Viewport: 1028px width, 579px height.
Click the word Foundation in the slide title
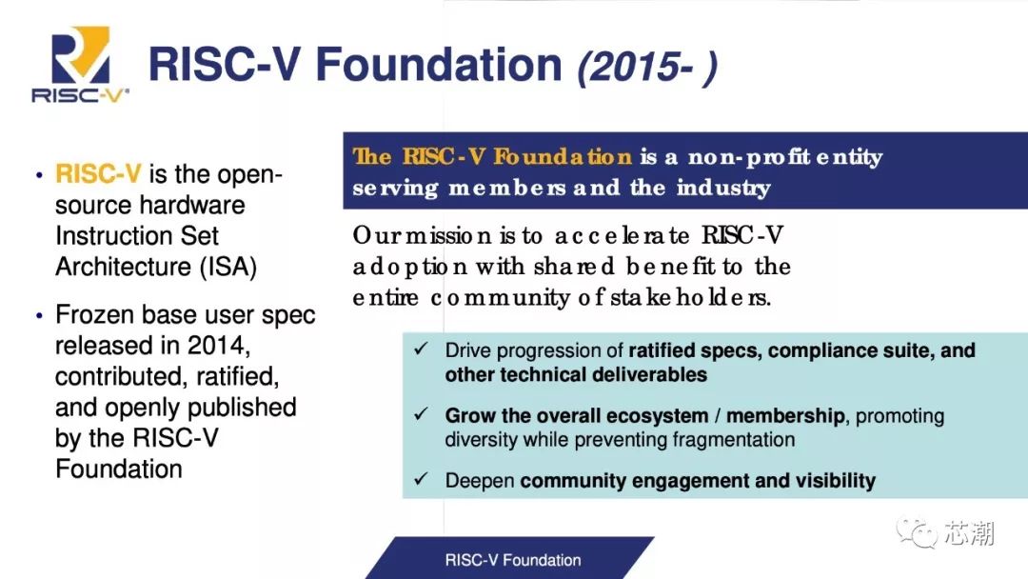pos(439,65)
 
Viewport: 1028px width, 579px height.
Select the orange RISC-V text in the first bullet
pos(99,174)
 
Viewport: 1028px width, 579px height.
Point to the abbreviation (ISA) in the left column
pos(228,267)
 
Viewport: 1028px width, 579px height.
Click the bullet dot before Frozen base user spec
pos(39,315)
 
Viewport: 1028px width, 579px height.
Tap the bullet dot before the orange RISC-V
pos(39,175)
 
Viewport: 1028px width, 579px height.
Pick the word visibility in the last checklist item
pos(827,481)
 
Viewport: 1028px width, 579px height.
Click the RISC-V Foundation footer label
pos(512,560)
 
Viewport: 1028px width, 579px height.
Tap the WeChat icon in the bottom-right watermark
pos(918,533)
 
